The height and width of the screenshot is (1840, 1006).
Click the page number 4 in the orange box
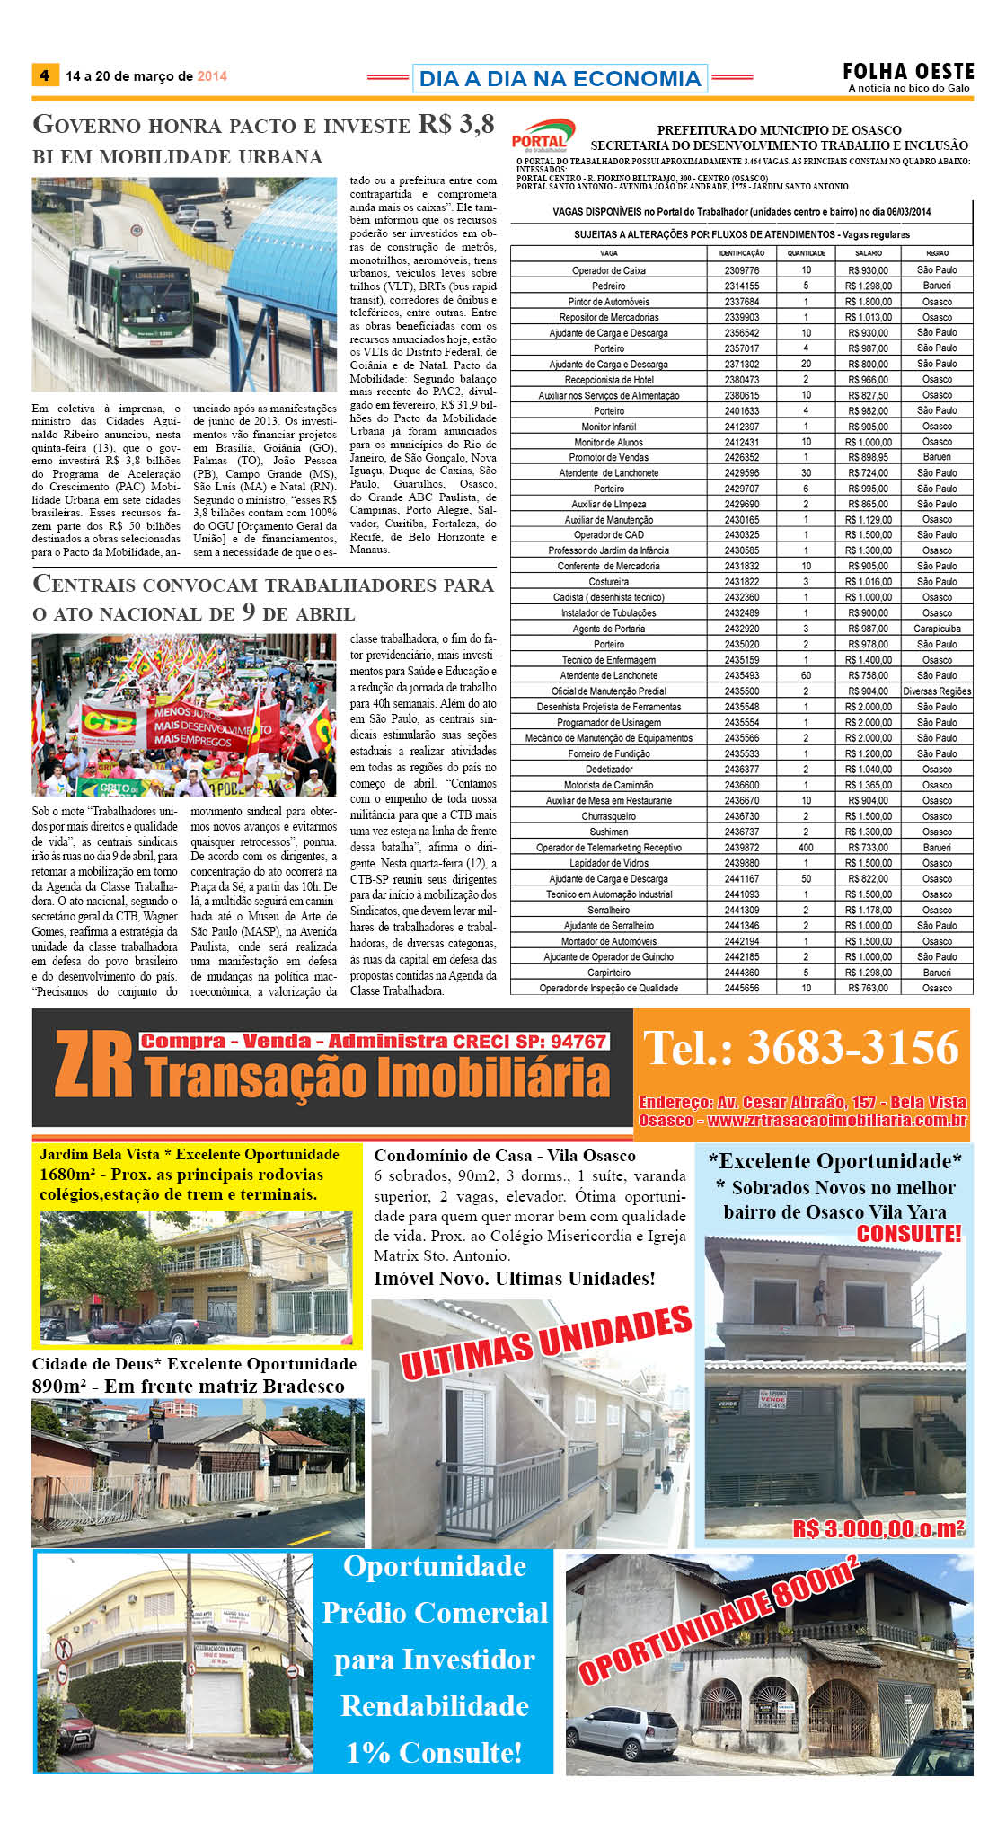coord(44,75)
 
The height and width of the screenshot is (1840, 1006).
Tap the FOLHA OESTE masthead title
coord(908,71)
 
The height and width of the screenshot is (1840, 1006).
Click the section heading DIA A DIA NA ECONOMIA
coord(560,78)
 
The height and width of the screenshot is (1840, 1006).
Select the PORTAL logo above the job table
coord(541,135)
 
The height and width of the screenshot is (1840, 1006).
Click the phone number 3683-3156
coord(802,1048)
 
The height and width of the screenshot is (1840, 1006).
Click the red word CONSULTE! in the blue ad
coord(908,1234)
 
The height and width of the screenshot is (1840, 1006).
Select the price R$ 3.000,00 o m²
coord(878,1528)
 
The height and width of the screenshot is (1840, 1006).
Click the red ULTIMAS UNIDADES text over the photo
coord(546,1343)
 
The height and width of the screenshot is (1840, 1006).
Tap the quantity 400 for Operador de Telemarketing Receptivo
coord(806,848)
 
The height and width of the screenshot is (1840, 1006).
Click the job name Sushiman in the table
coord(609,832)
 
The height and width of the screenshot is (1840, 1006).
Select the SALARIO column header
coord(868,253)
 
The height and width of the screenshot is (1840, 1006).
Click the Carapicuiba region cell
coord(937,629)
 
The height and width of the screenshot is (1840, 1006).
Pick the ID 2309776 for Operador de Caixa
coord(742,270)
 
